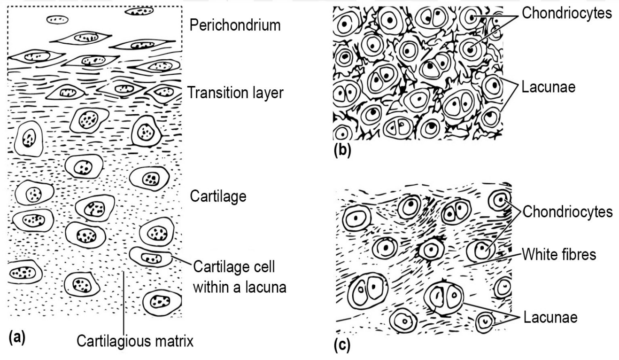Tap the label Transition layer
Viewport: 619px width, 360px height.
click(235, 93)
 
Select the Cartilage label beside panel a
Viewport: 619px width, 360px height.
click(218, 196)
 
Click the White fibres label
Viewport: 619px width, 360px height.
click(559, 254)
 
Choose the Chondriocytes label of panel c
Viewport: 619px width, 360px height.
click(567, 211)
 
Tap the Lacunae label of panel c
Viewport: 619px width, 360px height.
click(550, 318)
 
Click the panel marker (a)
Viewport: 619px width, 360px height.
click(16, 337)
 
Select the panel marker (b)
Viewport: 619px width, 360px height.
click(341, 152)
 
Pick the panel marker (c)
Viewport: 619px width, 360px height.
click(341, 345)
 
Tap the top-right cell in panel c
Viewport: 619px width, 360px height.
click(498, 201)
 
